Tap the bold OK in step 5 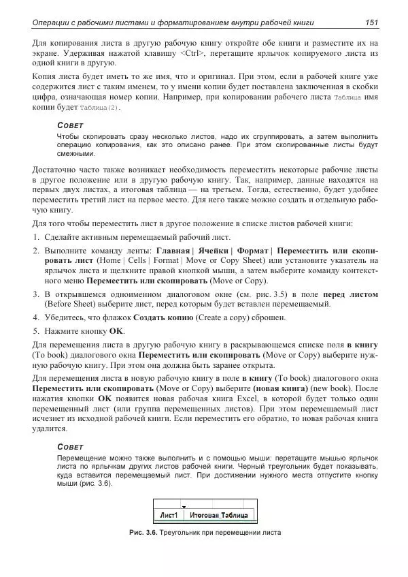point(116,330)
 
